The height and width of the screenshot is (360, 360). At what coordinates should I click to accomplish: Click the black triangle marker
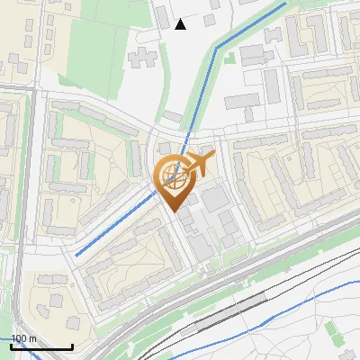181,24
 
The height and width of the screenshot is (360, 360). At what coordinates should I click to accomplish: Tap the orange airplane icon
197,163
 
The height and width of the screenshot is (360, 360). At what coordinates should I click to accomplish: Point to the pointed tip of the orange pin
175,211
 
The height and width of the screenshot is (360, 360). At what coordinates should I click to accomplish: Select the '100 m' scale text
24,338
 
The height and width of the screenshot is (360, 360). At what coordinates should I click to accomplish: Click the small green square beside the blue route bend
229,58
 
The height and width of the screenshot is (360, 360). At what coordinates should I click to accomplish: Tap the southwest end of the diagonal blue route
76,255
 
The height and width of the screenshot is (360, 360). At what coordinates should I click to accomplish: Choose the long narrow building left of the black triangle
161,16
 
